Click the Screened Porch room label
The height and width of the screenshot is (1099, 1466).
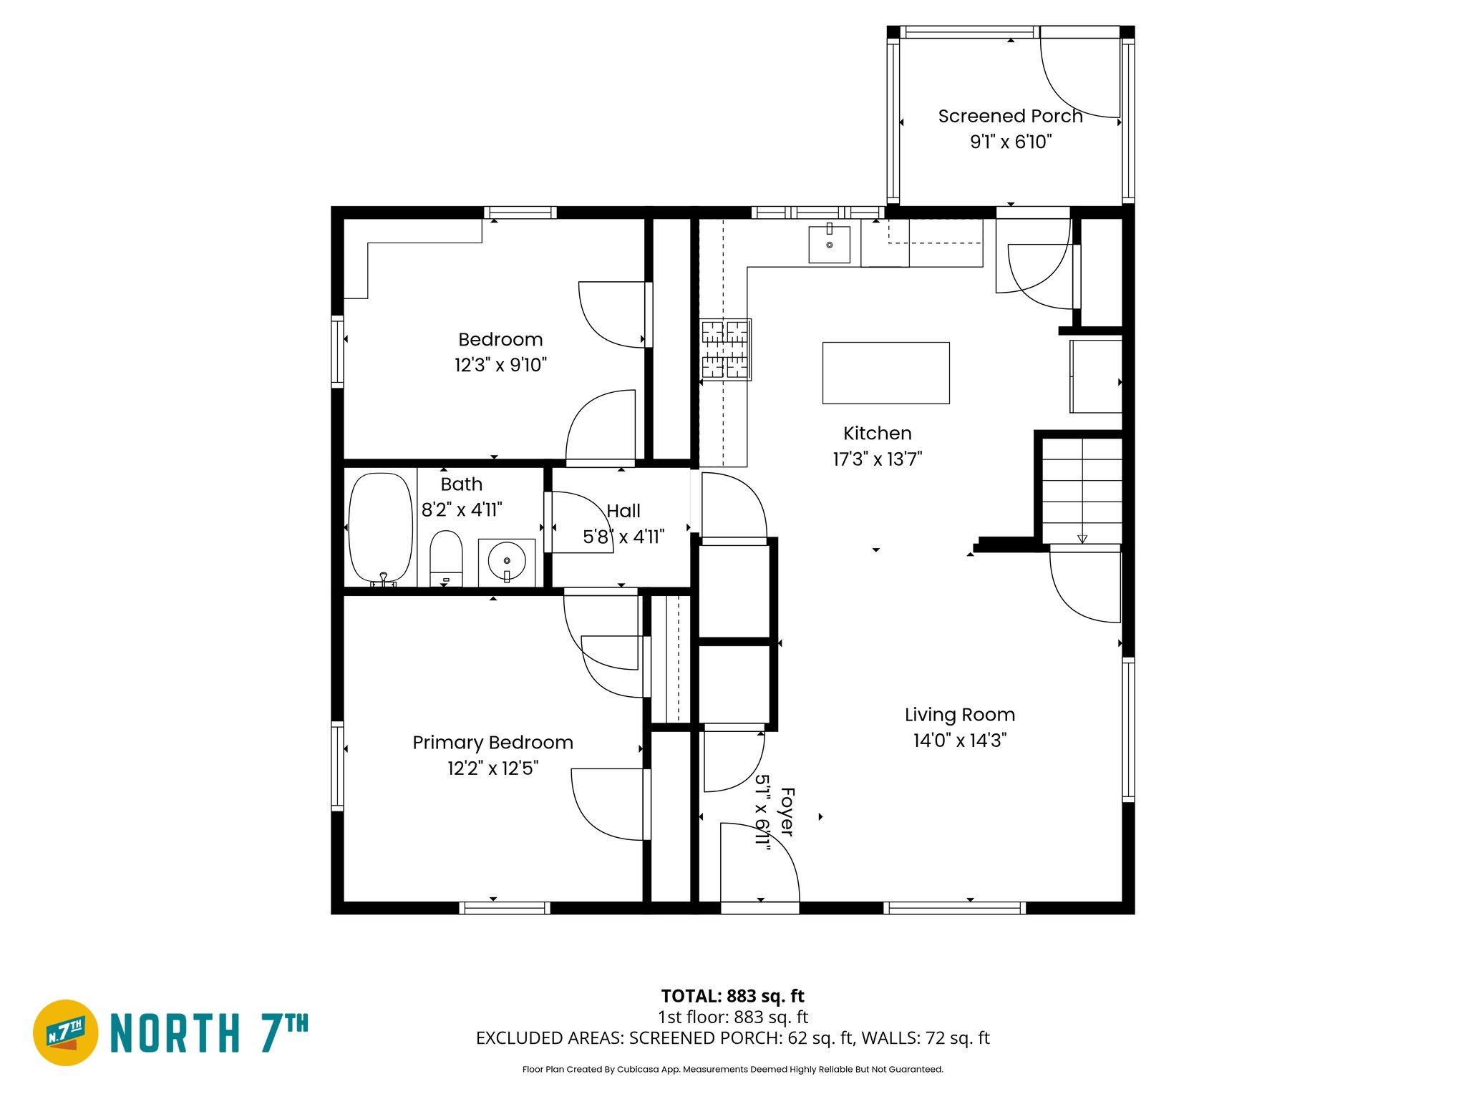[1009, 116]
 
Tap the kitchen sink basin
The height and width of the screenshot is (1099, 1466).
[829, 244]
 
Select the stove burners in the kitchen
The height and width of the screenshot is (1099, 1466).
[725, 349]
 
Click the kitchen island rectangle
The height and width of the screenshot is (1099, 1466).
[885, 373]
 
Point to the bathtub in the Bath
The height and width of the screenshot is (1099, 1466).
[380, 527]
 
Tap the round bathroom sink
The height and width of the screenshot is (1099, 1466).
[506, 561]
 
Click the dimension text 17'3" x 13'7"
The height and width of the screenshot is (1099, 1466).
[877, 459]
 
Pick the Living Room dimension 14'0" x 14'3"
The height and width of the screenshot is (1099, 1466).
[959, 741]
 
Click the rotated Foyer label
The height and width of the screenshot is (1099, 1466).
[787, 811]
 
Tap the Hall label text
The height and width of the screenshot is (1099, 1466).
[623, 511]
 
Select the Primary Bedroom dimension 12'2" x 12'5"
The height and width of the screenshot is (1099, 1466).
[492, 768]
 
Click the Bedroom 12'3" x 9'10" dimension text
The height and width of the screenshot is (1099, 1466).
[500, 365]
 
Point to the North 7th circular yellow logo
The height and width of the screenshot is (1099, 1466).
[66, 1032]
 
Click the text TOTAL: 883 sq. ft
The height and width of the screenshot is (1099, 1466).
[732, 996]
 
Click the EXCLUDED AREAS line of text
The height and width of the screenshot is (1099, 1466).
[732, 1037]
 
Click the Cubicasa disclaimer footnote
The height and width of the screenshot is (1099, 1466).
[732, 1069]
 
